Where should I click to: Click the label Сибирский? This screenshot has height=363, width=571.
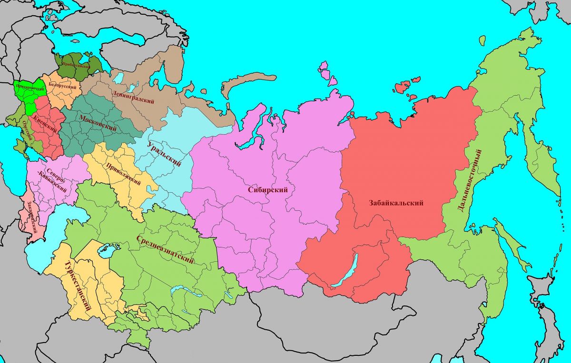pos(268,189)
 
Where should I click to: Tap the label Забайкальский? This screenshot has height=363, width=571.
pos(396,203)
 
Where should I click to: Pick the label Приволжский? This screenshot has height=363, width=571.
pos(123,173)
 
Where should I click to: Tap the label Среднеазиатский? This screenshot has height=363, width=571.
pos(165,249)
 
